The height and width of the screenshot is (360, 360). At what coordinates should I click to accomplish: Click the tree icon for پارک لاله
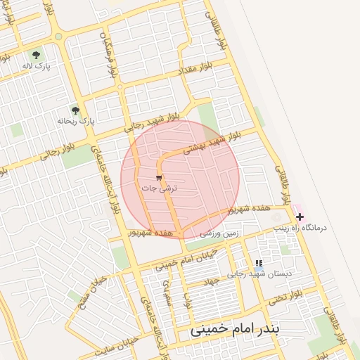click(37, 55)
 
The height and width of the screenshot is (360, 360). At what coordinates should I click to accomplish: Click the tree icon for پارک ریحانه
click(75, 110)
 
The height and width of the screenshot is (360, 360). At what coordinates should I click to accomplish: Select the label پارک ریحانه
click(75, 122)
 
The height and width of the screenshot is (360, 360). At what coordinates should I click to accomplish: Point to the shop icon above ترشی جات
click(159, 177)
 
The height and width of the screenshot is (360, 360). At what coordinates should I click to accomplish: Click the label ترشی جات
click(160, 188)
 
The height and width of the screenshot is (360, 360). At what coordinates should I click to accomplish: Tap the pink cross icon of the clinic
click(300, 217)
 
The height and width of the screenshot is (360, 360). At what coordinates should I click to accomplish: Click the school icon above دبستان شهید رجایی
click(259, 263)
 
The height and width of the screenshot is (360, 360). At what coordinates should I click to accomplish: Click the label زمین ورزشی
click(219, 232)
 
